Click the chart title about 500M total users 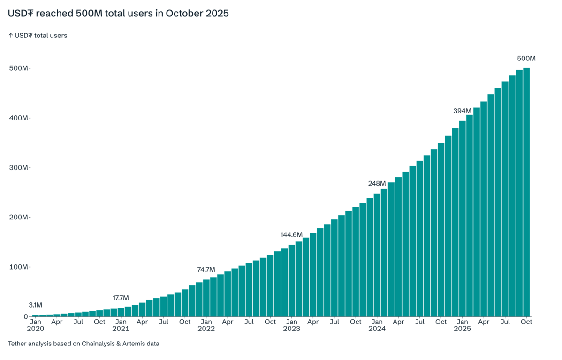pyautogui.click(x=118, y=14)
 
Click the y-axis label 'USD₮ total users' pyautogui.click(x=38, y=36)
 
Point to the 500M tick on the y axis pyautogui.click(x=19, y=68)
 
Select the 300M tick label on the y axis pyautogui.click(x=19, y=168)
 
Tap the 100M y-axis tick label pyautogui.click(x=19, y=267)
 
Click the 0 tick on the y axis pyautogui.click(x=26, y=317)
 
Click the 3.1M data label pyautogui.click(x=36, y=305)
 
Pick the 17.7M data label pyautogui.click(x=121, y=298)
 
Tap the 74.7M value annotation pyautogui.click(x=206, y=270)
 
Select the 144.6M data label pyautogui.click(x=291, y=234)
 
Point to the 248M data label pyautogui.click(x=377, y=183)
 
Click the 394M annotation pyautogui.click(x=462, y=111)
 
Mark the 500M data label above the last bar pyautogui.click(x=526, y=59)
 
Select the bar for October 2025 pyautogui.click(x=526, y=192)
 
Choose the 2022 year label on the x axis pyautogui.click(x=206, y=329)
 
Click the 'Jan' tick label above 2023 pyautogui.click(x=291, y=322)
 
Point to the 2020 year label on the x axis pyautogui.click(x=36, y=329)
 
